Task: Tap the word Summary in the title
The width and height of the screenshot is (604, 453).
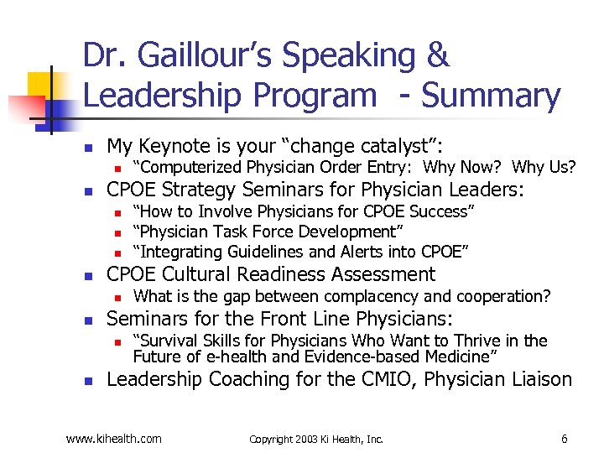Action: click(491, 96)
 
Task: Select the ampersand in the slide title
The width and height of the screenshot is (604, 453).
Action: click(437, 57)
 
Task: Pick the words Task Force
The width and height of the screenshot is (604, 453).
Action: click(256, 231)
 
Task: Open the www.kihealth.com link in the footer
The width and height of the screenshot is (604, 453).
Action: click(113, 438)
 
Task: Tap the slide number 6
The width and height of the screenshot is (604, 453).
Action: click(564, 438)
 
